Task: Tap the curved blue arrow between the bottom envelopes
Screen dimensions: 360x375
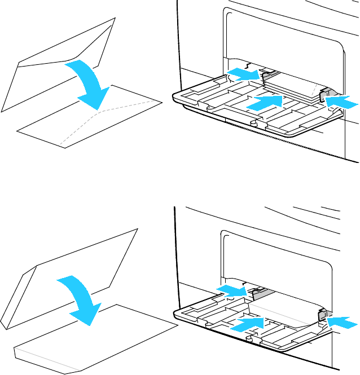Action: coord(79,299)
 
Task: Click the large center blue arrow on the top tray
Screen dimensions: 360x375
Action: coord(265,102)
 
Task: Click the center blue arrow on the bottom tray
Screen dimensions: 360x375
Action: coord(248,324)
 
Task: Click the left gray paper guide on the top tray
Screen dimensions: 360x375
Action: coord(269,73)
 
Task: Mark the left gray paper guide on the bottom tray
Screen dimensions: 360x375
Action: coord(259,293)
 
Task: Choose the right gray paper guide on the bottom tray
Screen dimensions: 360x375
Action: coord(323,317)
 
